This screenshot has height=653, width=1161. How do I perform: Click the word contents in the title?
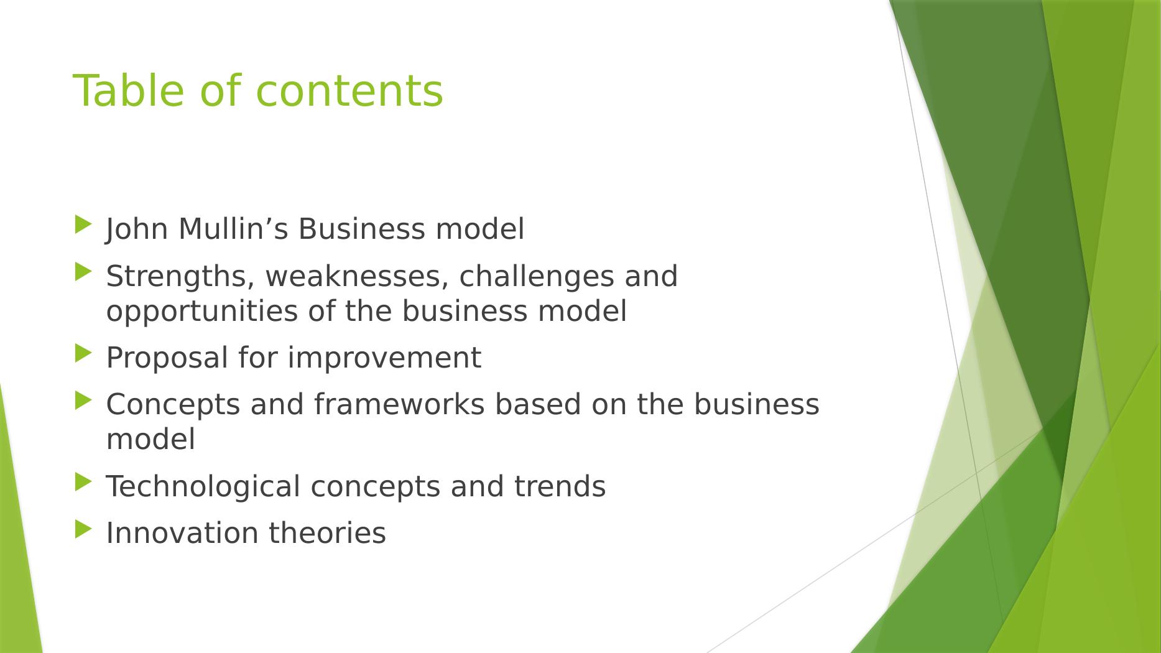(349, 91)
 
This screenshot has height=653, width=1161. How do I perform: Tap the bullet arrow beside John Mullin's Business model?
(83, 225)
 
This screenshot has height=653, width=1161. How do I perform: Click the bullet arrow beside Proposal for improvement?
(83, 353)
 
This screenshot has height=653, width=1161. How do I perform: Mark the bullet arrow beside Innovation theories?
(83, 529)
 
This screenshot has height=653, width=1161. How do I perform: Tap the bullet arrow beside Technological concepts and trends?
(83, 482)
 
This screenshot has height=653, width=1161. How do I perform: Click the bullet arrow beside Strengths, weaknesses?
(83, 272)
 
